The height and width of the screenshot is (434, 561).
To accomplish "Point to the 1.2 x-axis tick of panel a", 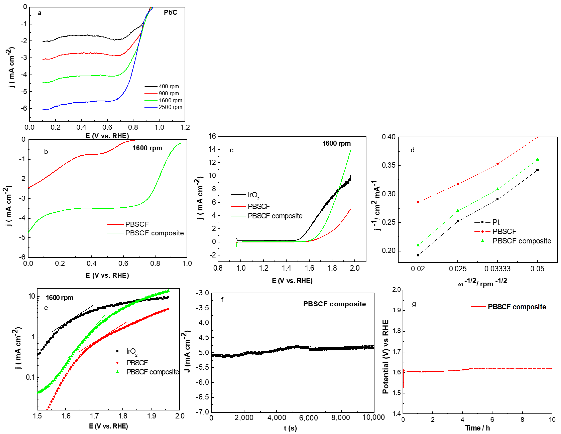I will (185, 127).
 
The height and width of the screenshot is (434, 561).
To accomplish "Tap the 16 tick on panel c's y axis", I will (212, 136).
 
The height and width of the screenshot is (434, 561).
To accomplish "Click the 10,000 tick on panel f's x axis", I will (373, 417).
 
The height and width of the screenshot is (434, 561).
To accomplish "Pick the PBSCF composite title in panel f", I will (334, 304).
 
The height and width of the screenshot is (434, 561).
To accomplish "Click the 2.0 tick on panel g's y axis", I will (396, 290).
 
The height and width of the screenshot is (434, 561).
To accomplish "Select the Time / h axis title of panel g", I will (477, 428).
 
